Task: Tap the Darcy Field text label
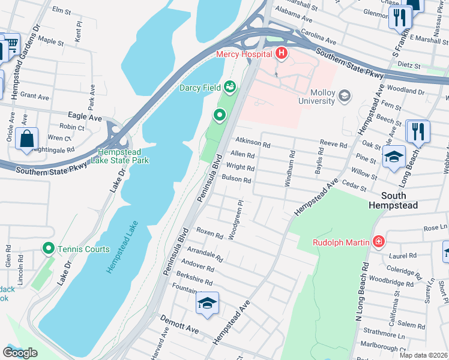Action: (200, 88)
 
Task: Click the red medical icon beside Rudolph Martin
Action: (378, 242)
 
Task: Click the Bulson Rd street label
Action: (236, 179)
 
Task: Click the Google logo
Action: (20, 353)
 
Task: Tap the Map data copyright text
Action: (424, 355)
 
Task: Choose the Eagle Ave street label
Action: (86, 118)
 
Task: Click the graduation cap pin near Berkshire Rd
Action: (207, 304)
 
